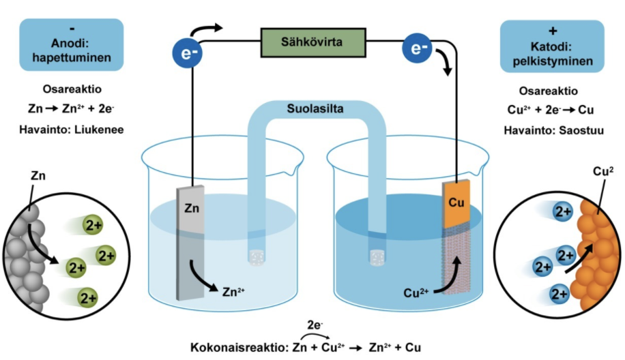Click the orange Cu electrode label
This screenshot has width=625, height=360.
pos(456,202)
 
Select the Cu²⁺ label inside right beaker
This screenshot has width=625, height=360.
pos(417,295)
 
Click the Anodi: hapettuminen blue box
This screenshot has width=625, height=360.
pos(72,45)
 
